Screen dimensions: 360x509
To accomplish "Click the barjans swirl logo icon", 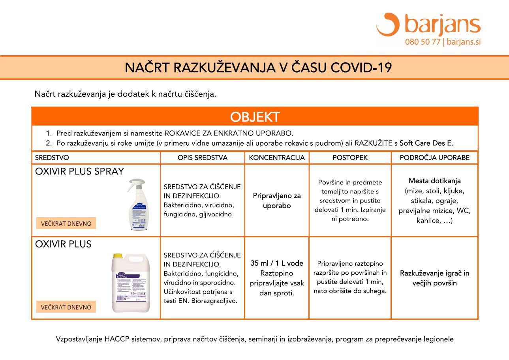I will [388, 24].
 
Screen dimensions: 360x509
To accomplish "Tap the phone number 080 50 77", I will [422, 42].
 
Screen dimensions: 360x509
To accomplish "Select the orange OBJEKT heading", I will [255, 117].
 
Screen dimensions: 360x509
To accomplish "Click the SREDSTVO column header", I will [52, 157].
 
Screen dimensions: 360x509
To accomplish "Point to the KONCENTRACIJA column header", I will [277, 157].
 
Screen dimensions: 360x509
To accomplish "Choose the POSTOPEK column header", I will [350, 157].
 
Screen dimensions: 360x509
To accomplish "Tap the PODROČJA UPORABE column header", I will [434, 157].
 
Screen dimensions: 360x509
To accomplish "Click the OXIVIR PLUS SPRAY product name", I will [80, 171].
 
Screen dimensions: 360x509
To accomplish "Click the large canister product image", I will [131, 283].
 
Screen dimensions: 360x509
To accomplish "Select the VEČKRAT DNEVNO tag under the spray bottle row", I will [66, 223].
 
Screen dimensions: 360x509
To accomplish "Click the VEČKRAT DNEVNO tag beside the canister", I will [66, 307].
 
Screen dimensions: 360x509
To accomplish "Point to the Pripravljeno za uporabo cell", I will [277, 201].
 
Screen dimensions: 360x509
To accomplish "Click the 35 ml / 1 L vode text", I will [277, 263].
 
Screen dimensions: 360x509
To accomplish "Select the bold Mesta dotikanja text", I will [434, 181].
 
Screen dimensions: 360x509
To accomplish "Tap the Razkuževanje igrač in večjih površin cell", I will [434, 278].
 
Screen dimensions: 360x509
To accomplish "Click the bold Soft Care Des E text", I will [426, 143].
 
